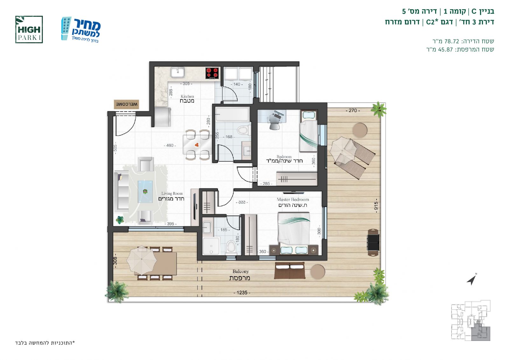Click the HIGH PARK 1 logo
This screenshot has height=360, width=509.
(x=29, y=30)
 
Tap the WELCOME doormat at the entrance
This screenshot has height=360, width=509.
(x=127, y=104)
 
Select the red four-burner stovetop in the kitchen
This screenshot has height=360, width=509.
(x=212, y=73)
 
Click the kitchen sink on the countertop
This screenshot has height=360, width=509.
(x=178, y=72)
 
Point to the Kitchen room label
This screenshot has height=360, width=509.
(x=187, y=99)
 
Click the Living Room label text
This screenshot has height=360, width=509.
(x=171, y=196)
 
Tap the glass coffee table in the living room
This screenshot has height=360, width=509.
(x=145, y=192)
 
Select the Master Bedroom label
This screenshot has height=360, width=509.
(x=293, y=202)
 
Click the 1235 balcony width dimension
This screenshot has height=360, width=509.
(x=242, y=293)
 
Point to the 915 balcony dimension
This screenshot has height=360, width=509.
(x=376, y=206)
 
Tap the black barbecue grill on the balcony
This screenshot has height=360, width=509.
(x=373, y=243)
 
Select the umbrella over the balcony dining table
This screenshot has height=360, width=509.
(x=141, y=260)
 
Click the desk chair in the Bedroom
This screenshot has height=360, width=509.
(x=274, y=122)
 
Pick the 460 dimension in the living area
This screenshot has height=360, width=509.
(x=170, y=145)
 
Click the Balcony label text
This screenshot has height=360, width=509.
(x=240, y=275)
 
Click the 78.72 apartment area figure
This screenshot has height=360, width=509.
(x=452, y=41)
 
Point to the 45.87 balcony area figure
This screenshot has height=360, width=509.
(x=445, y=49)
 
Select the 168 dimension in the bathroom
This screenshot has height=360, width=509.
(x=229, y=137)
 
